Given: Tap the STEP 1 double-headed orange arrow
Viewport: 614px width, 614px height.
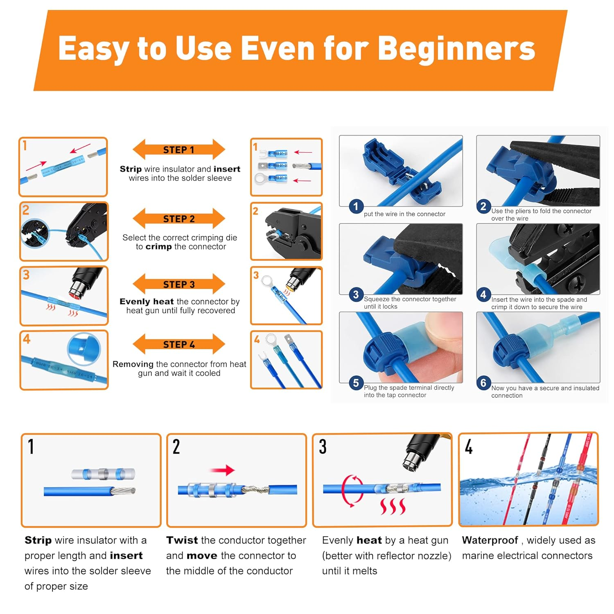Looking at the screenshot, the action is tap(179, 149).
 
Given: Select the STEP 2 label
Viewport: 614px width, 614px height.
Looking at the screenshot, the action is tap(179, 219).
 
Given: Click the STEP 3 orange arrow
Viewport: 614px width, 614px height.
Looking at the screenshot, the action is tap(179, 284).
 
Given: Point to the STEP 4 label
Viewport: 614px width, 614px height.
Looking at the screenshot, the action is tap(179, 345).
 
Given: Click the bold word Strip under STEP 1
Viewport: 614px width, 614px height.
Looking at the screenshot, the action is tap(131, 169).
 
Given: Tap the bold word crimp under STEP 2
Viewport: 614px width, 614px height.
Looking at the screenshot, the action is tap(159, 247).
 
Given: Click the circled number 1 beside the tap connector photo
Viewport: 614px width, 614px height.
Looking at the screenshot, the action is tap(356, 206).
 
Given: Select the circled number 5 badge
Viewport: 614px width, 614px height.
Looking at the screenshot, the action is tap(356, 383).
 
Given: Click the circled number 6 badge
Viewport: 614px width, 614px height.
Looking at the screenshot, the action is tap(483, 383).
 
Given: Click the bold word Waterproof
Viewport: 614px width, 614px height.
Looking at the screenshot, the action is tap(490, 540).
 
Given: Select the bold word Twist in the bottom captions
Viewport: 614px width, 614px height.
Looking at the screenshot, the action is tap(182, 540).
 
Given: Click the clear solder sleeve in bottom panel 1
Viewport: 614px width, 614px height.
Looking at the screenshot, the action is tap(103, 474).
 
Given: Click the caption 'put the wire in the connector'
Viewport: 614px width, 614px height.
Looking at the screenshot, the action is tap(404, 214).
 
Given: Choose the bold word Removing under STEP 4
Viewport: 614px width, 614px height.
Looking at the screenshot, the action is tap(133, 364).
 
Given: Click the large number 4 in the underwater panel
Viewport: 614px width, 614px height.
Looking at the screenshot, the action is tap(469, 447).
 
